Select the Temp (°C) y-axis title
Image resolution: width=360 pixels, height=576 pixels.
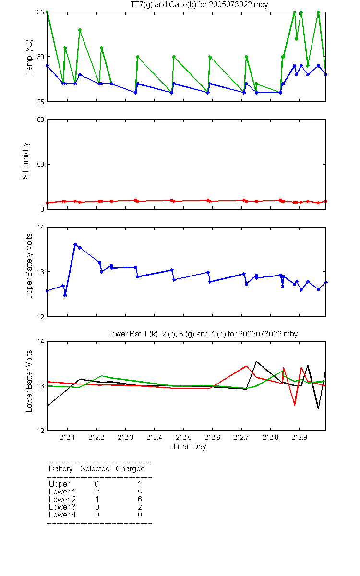[x=29, y=57]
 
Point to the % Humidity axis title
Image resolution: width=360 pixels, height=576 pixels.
[x=26, y=161]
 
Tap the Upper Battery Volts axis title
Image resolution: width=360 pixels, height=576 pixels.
[x=29, y=266]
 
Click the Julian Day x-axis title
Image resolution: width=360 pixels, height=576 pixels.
[x=189, y=447]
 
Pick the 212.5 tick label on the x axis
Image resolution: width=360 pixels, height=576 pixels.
[x=183, y=437]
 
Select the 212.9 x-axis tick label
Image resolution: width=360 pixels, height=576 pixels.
[x=300, y=437]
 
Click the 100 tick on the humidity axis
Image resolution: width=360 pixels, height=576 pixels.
[x=39, y=120]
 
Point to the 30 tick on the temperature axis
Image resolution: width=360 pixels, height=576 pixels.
[x=41, y=57]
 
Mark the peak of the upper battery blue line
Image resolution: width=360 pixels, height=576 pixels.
[x=75, y=244]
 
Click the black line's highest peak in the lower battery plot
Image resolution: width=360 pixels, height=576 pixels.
[x=256, y=361]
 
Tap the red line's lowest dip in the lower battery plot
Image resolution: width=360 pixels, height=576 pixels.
[x=295, y=405]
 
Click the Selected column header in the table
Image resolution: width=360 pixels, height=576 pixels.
[x=95, y=468]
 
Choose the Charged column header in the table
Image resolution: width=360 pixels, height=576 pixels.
[x=130, y=469]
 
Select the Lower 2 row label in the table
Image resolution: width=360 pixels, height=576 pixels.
[x=62, y=499]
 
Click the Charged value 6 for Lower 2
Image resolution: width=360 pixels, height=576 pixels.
[x=140, y=499]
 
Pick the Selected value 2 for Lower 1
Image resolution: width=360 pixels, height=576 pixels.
[x=97, y=492]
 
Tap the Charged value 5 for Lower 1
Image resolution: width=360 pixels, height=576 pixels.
[x=140, y=492]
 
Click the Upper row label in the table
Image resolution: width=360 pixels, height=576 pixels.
[x=59, y=484]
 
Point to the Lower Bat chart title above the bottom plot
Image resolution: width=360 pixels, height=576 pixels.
[x=202, y=334]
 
